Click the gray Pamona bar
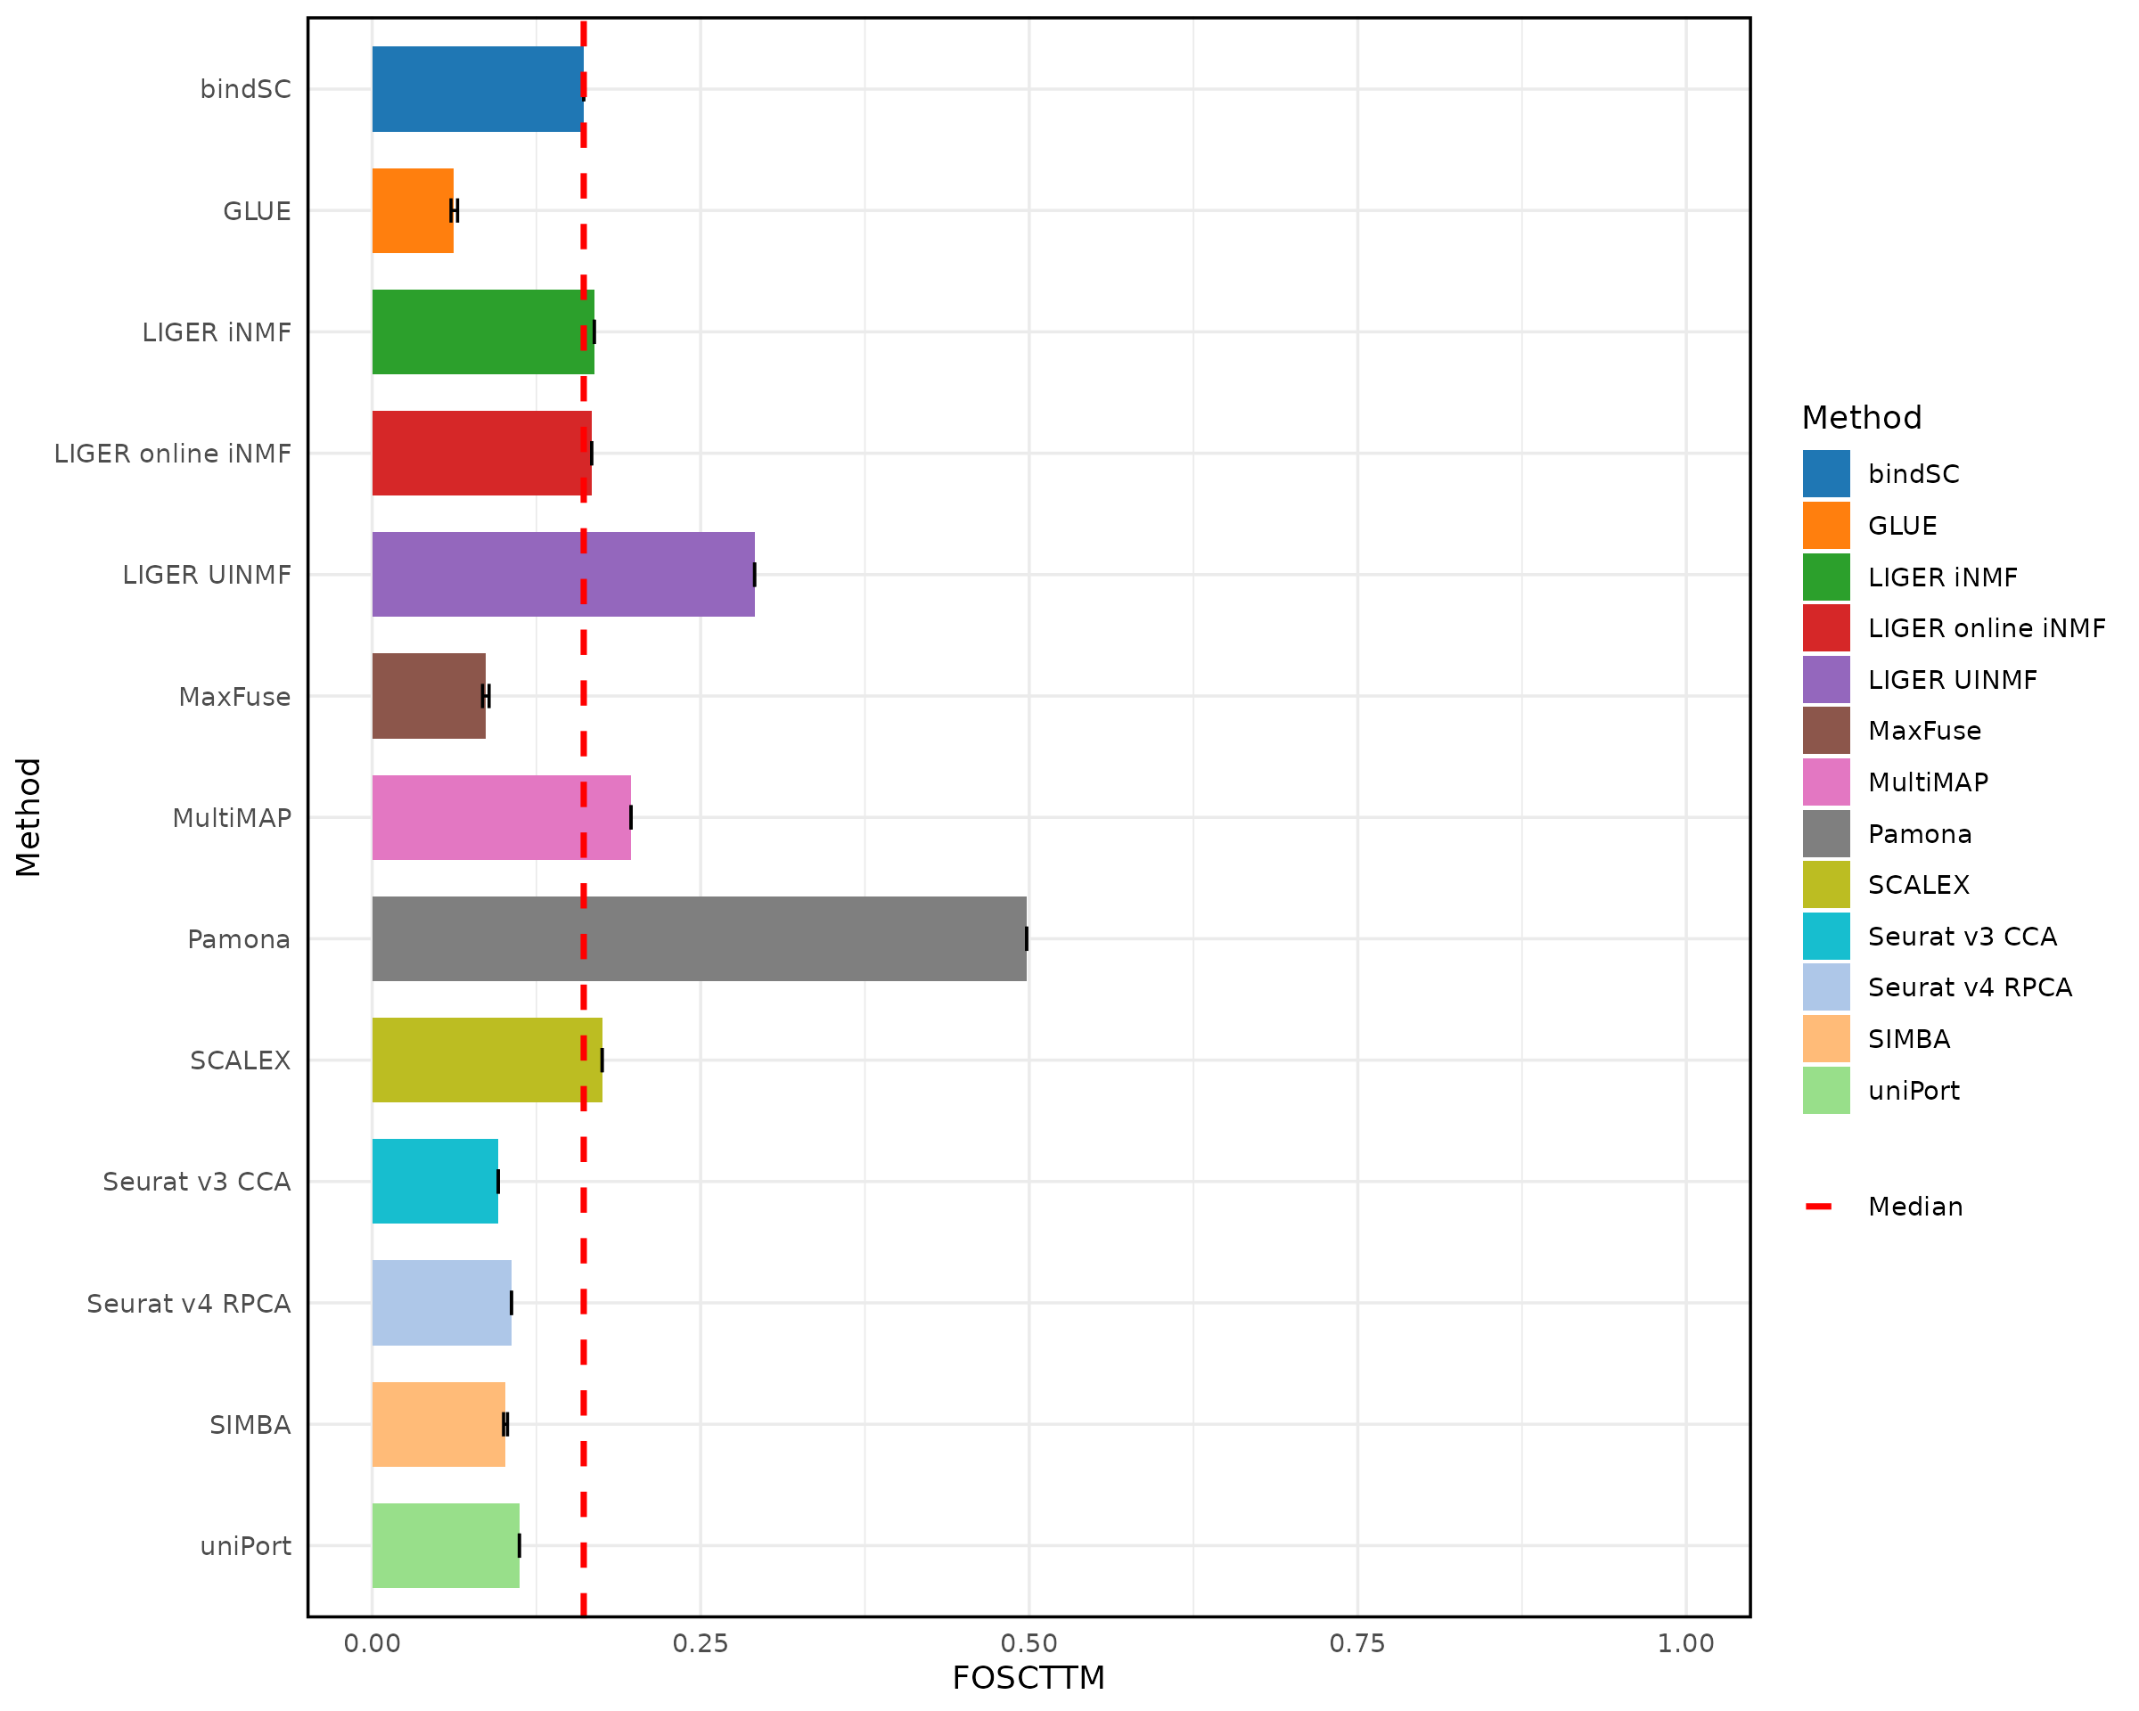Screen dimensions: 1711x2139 point(699,938)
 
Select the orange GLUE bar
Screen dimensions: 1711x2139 point(413,210)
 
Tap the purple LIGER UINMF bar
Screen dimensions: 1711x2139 point(562,574)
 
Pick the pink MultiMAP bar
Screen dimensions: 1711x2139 point(501,817)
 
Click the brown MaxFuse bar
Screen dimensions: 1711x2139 point(429,695)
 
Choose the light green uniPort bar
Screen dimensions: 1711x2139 point(446,1545)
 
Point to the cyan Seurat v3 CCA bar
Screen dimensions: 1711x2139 point(435,1182)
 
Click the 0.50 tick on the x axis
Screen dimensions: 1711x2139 point(1029,1643)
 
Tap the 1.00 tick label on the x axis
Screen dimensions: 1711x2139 point(1685,1643)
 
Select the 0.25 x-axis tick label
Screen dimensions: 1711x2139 point(701,1643)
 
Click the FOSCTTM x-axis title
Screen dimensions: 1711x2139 point(1028,1678)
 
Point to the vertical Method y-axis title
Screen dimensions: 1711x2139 point(28,817)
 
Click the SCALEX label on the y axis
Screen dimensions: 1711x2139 point(240,1060)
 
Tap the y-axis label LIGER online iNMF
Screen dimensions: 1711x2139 point(173,454)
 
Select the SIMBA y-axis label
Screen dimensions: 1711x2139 point(250,1424)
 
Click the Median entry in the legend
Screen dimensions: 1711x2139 point(1914,1206)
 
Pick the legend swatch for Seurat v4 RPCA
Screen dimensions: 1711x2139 point(1825,986)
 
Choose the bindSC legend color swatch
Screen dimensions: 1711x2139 point(1825,473)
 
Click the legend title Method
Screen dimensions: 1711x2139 point(1861,418)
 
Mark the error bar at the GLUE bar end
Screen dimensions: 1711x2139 point(455,210)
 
